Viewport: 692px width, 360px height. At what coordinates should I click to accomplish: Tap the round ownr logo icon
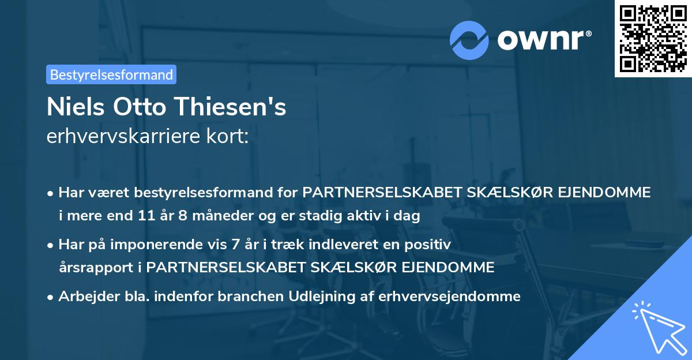[x=469, y=40]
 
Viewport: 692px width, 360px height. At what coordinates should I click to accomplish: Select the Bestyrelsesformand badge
[x=111, y=74]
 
